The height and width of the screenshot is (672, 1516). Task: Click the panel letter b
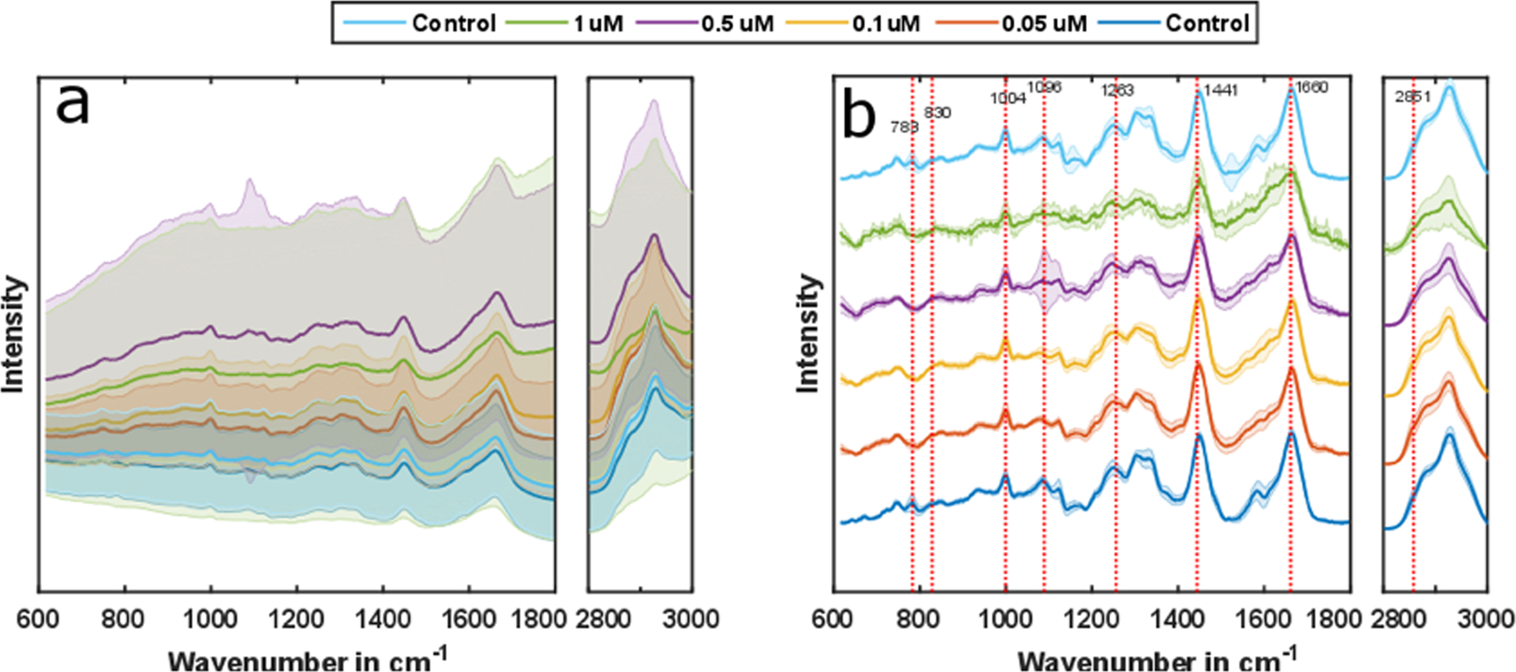coord(859,117)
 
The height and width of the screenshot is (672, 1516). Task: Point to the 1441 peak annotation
coord(1220,90)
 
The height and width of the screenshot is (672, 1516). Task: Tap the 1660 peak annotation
coord(1311,88)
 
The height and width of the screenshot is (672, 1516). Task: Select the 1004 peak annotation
coord(1007,98)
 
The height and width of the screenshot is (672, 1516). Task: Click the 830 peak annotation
coord(937,113)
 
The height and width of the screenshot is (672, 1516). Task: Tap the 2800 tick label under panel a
coord(607,618)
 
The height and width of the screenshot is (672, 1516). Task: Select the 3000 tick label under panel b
coord(1485,618)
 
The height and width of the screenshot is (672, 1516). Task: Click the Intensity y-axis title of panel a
coord(13,334)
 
